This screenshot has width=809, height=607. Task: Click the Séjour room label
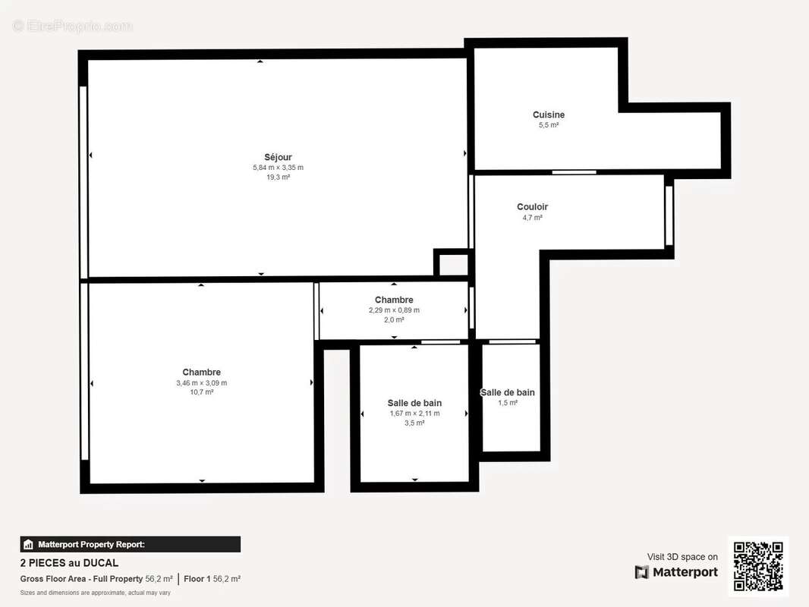[278, 157]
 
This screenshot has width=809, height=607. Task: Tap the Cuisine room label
[549, 115]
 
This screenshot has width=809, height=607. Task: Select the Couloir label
[532, 206]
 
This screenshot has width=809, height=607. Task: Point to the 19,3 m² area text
[278, 177]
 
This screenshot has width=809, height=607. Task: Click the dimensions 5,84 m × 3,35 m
[278, 168]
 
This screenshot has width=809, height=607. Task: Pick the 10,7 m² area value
[201, 392]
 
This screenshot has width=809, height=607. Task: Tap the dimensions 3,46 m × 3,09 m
[201, 382]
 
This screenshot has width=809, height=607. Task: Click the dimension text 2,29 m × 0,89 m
[394, 310]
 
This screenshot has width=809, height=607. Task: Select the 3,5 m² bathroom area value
[414, 423]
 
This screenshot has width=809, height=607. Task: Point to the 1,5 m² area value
[508, 403]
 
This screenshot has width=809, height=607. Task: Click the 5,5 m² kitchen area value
[549, 125]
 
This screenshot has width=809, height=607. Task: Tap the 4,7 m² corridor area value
[532, 217]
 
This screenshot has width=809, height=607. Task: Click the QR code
[758, 566]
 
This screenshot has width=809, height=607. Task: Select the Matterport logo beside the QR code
[676, 572]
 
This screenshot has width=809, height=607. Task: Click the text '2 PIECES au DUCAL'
[69, 563]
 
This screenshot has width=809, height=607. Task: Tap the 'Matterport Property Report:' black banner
[130, 544]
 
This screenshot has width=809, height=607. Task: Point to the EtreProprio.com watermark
[73, 26]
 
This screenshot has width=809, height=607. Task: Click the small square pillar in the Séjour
[453, 263]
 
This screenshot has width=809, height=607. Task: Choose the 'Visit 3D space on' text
[682, 556]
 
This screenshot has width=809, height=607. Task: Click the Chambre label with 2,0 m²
[394, 300]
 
